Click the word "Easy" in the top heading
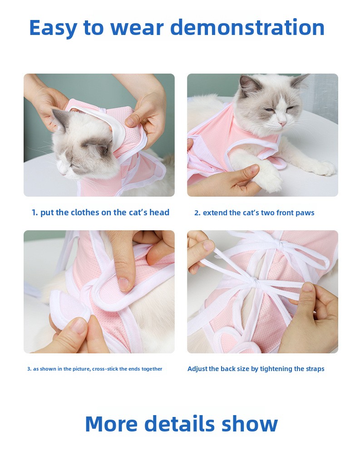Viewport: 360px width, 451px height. pyautogui.click(x=53, y=28)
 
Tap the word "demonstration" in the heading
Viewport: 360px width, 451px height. pyautogui.click(x=247, y=27)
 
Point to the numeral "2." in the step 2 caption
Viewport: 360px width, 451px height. pyautogui.click(x=197, y=213)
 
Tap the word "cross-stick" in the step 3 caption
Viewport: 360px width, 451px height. pyautogui.click(x=105, y=369)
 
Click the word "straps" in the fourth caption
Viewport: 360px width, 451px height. pyautogui.click(x=315, y=369)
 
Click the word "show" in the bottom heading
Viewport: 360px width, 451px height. pyautogui.click(x=250, y=424)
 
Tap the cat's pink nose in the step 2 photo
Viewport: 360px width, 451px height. pyautogui.click(x=283, y=124)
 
